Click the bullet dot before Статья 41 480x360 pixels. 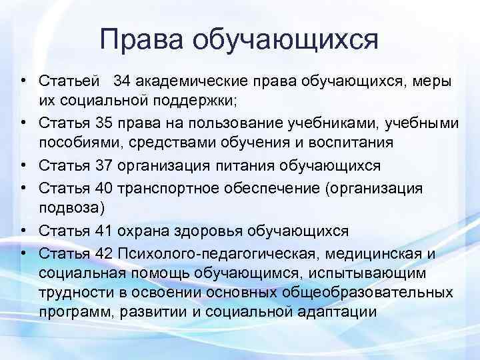(23, 231)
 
